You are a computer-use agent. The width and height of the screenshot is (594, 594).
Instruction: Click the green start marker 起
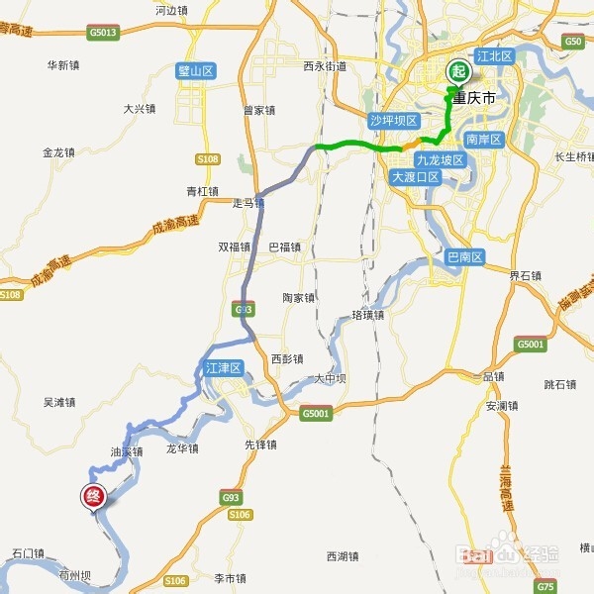(x=457, y=71)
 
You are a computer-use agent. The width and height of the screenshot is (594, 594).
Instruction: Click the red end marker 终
(x=92, y=496)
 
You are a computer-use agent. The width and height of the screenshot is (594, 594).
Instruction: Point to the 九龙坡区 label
(x=439, y=160)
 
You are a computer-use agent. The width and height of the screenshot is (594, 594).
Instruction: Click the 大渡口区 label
(x=414, y=177)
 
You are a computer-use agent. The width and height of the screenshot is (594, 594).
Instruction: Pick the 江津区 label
(x=224, y=368)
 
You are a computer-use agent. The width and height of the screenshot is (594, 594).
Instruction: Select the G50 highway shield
(x=573, y=41)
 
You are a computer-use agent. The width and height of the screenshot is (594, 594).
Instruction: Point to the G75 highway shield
(x=545, y=584)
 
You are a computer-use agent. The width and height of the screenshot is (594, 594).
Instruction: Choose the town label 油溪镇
(x=127, y=451)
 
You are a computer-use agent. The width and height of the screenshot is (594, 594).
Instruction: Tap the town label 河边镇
(x=171, y=11)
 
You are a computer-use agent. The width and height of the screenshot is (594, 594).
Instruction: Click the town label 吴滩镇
(x=59, y=403)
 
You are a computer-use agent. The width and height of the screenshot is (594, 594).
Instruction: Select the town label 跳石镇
(x=560, y=384)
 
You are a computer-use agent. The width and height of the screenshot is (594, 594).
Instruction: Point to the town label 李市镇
(x=230, y=577)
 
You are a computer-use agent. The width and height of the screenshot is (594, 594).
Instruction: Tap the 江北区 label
(x=495, y=57)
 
